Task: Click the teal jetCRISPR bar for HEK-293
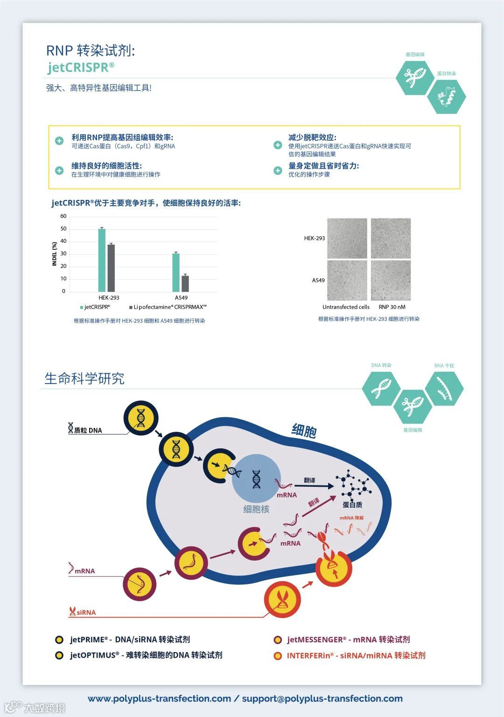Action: pos(102,260)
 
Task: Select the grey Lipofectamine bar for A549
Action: pos(185,284)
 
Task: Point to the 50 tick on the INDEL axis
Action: pos(63,229)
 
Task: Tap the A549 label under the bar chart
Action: pos(181,298)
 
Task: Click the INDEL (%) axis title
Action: pos(55,254)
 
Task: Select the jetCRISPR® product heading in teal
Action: pos(81,67)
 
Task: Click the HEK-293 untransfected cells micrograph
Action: pos(347,238)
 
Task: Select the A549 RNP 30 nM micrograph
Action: pos(391,280)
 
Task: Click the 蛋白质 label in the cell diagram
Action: pos(352,504)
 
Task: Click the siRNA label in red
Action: pos(86,612)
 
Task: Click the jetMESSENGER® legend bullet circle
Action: pos(278,640)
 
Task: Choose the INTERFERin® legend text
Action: pos(356,655)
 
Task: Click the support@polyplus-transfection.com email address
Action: pos(322,698)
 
